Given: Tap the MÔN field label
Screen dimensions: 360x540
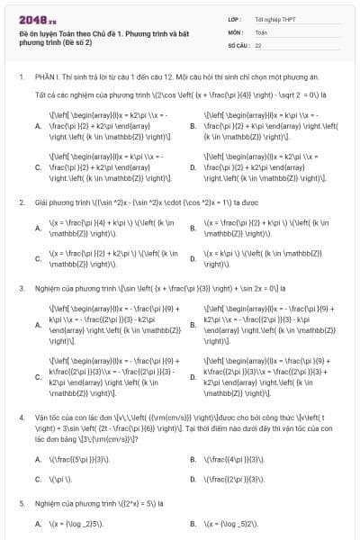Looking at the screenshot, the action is [x=235, y=31].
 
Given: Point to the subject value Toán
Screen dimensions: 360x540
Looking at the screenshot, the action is [x=261, y=31].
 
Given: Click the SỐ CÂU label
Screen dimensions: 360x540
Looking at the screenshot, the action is [x=238, y=44].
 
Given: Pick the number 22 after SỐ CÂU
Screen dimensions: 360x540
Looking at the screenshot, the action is [x=258, y=44].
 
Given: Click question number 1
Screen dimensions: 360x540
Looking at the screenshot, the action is [x=21, y=78].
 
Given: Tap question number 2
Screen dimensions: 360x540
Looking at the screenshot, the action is [x=21, y=202].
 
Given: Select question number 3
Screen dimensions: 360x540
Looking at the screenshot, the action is [x=21, y=289].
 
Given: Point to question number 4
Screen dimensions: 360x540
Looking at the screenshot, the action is [x=21, y=418].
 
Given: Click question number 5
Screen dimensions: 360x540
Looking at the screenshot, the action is [x=21, y=504].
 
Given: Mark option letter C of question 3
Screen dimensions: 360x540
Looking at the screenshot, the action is [x=37, y=379].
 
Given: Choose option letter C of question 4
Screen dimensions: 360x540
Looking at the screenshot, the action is [x=37, y=480].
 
